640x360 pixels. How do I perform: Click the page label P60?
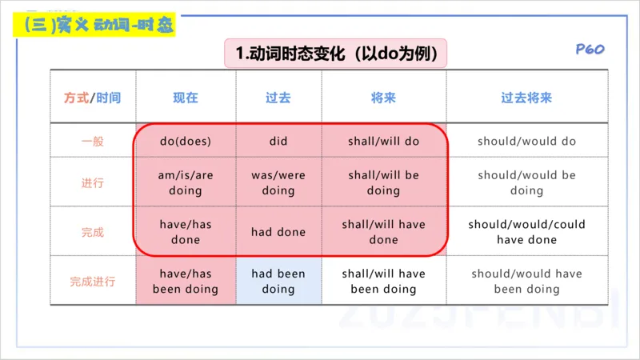[x=590, y=50]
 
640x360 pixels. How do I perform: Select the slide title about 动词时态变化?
[x=335, y=54]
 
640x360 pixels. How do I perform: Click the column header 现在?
[x=186, y=98]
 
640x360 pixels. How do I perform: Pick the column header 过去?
[x=278, y=98]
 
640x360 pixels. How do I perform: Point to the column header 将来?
[x=383, y=98]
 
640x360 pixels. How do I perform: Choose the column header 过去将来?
[x=526, y=98]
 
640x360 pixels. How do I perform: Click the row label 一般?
[x=93, y=142]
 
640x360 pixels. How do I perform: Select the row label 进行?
[x=93, y=183]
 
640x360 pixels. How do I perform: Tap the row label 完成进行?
[x=93, y=282]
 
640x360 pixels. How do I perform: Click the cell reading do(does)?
[x=186, y=142]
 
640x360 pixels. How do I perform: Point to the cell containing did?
[x=278, y=142]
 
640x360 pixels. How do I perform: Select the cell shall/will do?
[x=383, y=142]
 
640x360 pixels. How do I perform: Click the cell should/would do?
[x=526, y=142]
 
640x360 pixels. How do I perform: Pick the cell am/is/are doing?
[x=186, y=183]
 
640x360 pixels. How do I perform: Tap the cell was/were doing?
[x=278, y=183]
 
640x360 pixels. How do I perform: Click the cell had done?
[x=278, y=232]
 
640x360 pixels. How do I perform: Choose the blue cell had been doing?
[x=278, y=282]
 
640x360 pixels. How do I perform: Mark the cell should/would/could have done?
[x=526, y=232]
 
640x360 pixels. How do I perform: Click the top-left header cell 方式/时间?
[x=93, y=98]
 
